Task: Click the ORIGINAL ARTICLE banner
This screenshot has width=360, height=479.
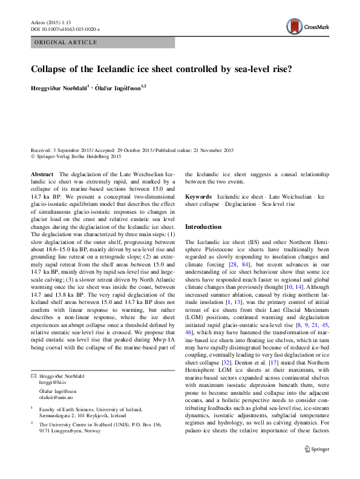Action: tap(66, 42)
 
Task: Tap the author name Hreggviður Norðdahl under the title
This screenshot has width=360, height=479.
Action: tap(59, 88)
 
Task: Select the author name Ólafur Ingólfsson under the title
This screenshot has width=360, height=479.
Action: tap(117, 88)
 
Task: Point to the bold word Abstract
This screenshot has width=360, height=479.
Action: tap(42, 173)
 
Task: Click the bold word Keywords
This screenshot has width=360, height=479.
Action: tap(198, 197)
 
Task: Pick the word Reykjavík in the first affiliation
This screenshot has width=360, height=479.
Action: tap(100, 415)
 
